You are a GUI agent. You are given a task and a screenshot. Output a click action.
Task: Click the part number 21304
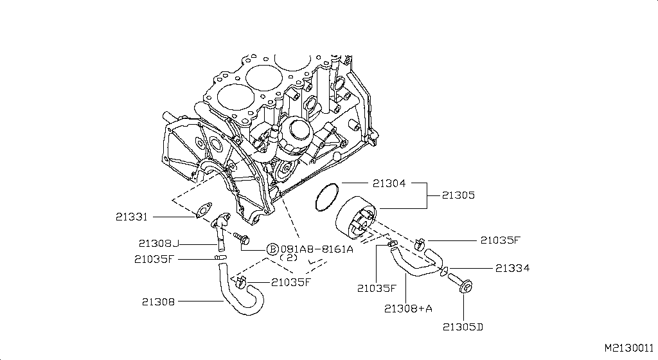389,183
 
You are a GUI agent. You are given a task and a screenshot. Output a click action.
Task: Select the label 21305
458,195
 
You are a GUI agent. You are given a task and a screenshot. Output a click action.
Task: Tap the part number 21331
132,217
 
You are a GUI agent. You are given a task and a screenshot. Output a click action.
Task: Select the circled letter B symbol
272,249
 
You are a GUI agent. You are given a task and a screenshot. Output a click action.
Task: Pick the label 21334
512,267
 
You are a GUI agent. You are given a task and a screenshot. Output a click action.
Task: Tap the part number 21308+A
408,308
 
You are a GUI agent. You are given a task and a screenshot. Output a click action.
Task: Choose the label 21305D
463,327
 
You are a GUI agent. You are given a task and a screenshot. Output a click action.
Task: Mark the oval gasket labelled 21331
204,210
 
